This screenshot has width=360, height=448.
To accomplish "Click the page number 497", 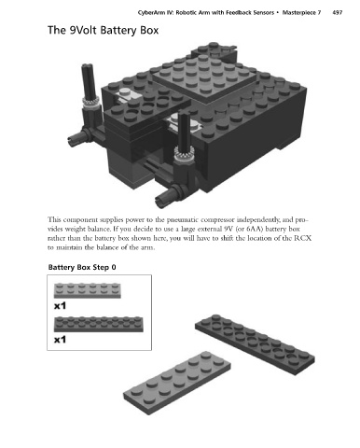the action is (x=338, y=13).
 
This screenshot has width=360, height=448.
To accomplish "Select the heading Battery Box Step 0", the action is (x=82, y=267).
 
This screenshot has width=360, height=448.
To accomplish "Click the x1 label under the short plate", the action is (x=60, y=306).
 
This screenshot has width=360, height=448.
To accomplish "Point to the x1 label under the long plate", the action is (x=60, y=340).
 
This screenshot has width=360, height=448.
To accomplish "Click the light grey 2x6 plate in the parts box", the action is (x=88, y=290).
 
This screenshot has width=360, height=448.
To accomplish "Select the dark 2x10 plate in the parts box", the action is (x=99, y=324).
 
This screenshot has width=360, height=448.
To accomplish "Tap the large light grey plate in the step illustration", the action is (x=177, y=383).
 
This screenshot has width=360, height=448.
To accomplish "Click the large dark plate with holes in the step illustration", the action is (x=255, y=344).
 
